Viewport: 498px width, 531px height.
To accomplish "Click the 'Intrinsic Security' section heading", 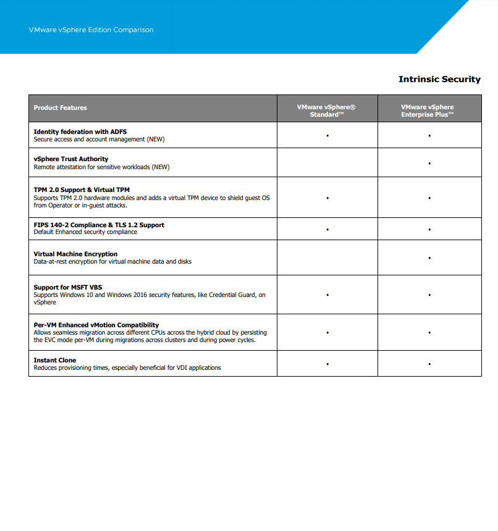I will coord(439,79).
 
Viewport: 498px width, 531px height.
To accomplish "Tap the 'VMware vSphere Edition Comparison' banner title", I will coord(91,30).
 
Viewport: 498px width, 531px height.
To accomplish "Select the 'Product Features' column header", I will coord(61,108).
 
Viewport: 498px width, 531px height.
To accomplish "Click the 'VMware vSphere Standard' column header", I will coord(326,111).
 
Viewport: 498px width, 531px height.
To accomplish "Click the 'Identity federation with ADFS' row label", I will coord(80,132).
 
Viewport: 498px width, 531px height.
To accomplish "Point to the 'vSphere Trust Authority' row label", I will coord(71,159).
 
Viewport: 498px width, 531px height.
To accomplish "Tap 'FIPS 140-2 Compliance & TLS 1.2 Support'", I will coord(99,225).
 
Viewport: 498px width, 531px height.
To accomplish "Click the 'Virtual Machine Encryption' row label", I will coord(75,254).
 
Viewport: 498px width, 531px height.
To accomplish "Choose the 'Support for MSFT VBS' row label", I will coord(68,287).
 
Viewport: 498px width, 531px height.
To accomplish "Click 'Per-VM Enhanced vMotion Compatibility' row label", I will coord(96,325).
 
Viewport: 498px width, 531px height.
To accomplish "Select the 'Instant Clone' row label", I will coord(55,360).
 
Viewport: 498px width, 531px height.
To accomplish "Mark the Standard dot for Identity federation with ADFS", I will coord(327,135).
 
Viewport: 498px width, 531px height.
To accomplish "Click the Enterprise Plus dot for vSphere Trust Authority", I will coord(429,164).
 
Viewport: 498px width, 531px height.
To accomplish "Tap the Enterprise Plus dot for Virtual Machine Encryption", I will coord(429,257).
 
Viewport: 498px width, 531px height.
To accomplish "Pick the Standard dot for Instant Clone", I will coord(327,364).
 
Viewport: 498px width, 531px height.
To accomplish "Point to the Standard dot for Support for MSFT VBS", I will coord(327,295).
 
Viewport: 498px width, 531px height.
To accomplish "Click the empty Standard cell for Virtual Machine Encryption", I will coord(327,257).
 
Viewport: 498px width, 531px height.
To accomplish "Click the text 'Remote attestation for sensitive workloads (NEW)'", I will coord(101,167).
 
